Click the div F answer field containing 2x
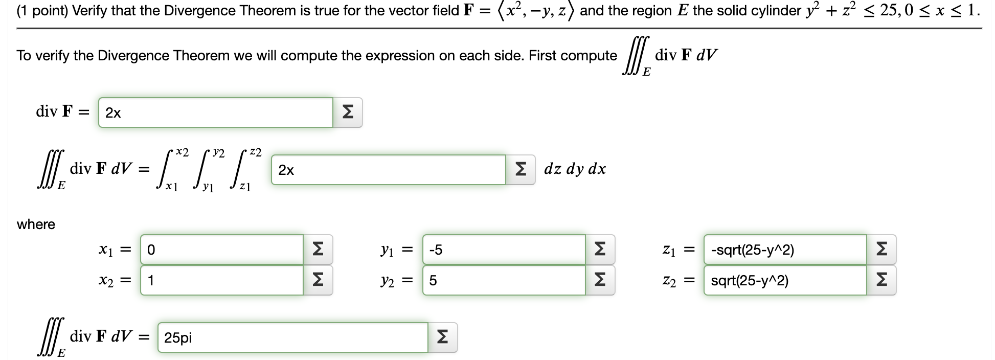tap(215, 112)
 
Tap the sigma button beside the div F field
tap(347, 112)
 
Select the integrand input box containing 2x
tap(388, 170)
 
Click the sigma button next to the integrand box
tap(520, 170)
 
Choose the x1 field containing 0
tap(222, 250)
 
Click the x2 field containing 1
tap(222, 280)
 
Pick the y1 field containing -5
tap(504, 250)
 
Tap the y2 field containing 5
tap(504, 280)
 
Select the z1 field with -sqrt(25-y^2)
tap(785, 250)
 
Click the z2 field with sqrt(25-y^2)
tap(785, 280)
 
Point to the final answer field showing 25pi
tap(292, 337)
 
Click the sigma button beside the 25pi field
tap(442, 337)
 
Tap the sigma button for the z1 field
tap(881, 250)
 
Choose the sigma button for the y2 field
tap(600, 280)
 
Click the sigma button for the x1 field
tap(318, 250)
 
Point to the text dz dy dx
tap(575, 169)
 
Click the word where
tap(36, 224)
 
